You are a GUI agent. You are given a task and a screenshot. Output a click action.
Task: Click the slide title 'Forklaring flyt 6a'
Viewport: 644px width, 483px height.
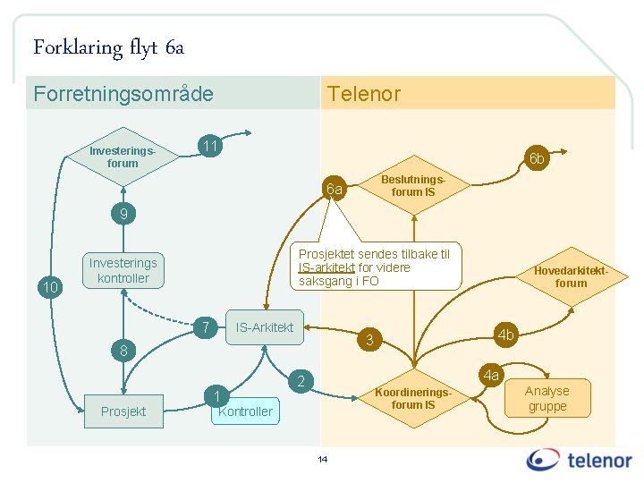pyautogui.click(x=108, y=47)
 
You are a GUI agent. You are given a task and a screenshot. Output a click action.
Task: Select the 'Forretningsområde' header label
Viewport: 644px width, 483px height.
pyautogui.click(x=123, y=93)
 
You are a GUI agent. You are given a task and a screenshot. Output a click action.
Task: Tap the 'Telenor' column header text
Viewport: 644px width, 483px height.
pyautogui.click(x=364, y=93)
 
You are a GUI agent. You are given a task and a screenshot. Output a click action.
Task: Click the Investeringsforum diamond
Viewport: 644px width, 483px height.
pyautogui.click(x=123, y=157)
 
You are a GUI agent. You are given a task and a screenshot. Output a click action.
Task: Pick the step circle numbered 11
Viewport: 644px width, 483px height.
pyautogui.click(x=209, y=145)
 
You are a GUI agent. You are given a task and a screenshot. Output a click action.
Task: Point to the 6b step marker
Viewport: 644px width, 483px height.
pyautogui.click(x=536, y=159)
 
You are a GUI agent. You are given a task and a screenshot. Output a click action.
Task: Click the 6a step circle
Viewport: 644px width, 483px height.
pyautogui.click(x=335, y=189)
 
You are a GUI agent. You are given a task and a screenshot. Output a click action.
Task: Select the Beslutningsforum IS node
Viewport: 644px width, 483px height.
pyautogui.click(x=413, y=185)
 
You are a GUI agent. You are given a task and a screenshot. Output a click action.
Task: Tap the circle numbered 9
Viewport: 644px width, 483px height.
pyautogui.click(x=123, y=214)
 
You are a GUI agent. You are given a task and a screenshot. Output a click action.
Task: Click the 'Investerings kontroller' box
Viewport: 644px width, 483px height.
pyautogui.click(x=123, y=270)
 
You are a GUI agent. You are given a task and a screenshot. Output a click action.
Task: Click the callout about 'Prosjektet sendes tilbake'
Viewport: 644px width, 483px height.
pyautogui.click(x=375, y=267)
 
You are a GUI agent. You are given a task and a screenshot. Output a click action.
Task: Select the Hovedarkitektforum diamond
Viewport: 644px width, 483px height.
pyautogui.click(x=571, y=276)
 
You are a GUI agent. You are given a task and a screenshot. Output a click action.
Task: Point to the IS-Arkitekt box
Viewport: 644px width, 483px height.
pyautogui.click(x=264, y=327)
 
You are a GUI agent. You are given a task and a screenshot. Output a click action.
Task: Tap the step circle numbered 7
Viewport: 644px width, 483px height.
pyautogui.click(x=206, y=327)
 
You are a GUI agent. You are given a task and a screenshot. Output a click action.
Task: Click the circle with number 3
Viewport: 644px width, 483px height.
pyautogui.click(x=369, y=339)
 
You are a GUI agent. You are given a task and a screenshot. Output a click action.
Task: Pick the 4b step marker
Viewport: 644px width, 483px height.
pyautogui.click(x=506, y=335)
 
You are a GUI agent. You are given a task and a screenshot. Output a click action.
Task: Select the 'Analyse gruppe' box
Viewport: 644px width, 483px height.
pyautogui.click(x=547, y=398)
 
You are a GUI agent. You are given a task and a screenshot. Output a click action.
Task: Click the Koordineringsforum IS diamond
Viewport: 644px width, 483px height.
pyautogui.click(x=413, y=398)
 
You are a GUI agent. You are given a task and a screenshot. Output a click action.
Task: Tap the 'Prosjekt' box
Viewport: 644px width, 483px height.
pyautogui.click(x=123, y=411)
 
